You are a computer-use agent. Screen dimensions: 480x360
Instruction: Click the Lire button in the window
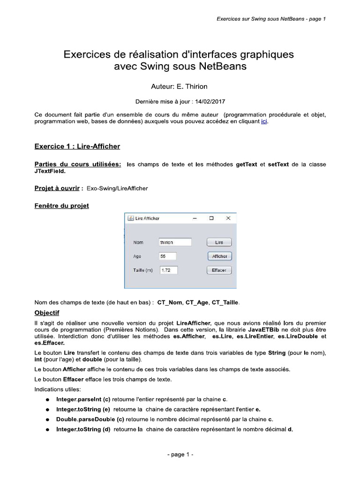click(219, 242)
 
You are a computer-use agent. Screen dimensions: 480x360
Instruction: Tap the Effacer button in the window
click(219, 270)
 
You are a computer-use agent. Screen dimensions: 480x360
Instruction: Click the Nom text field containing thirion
click(175, 242)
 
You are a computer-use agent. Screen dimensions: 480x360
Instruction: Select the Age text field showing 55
click(168, 256)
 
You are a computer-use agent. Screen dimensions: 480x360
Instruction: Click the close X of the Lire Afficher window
click(228, 218)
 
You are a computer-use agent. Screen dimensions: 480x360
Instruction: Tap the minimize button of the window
click(195, 218)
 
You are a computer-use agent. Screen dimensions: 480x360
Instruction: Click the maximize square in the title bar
click(211, 218)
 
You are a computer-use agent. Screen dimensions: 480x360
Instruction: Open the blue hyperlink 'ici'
click(264, 121)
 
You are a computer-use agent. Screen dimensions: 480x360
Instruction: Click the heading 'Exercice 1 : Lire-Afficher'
click(77, 147)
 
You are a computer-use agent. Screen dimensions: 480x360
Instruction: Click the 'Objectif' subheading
click(47, 313)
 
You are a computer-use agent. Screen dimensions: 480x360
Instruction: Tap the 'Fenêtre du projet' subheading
click(62, 206)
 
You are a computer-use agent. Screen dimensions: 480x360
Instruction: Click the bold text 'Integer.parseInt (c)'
click(83, 399)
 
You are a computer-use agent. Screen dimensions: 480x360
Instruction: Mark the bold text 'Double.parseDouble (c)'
click(87, 419)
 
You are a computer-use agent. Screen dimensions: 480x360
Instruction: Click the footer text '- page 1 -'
click(180, 455)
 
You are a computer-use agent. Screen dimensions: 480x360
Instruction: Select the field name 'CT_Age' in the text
click(197, 303)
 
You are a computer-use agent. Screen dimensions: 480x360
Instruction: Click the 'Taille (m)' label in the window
click(143, 270)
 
